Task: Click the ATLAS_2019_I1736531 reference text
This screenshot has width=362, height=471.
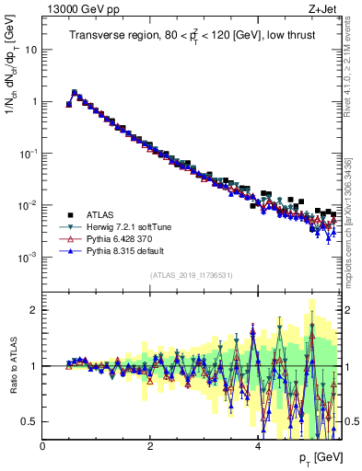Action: click(192, 275)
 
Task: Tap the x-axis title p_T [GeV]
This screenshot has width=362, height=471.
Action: click(316, 458)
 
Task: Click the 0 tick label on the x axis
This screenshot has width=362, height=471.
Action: click(43, 446)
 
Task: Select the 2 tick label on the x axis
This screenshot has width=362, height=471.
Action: click(150, 446)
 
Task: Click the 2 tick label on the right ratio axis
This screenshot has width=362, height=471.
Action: click(348, 310)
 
